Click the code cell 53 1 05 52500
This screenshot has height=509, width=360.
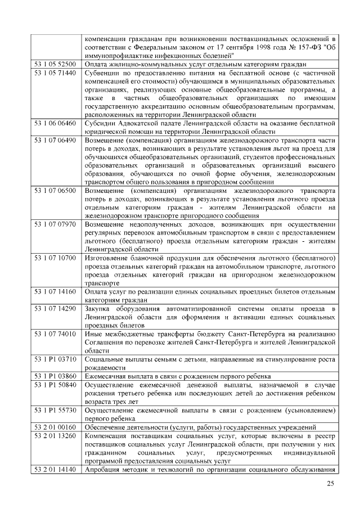coord(55,65)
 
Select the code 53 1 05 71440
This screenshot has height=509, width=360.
coord(55,74)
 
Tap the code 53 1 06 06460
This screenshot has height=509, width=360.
coord(55,123)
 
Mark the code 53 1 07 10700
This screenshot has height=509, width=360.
coord(55,258)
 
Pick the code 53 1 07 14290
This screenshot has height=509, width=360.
coord(55,309)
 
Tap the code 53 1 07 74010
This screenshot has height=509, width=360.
coord(55,334)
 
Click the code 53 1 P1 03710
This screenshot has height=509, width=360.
coord(55,359)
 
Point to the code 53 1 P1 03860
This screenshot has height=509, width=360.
coord(55,376)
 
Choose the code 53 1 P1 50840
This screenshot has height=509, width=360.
coord(55,384)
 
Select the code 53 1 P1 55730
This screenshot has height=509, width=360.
coord(55,409)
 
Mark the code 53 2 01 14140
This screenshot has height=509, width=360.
coord(55,469)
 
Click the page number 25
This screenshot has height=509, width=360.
coord(331,485)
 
